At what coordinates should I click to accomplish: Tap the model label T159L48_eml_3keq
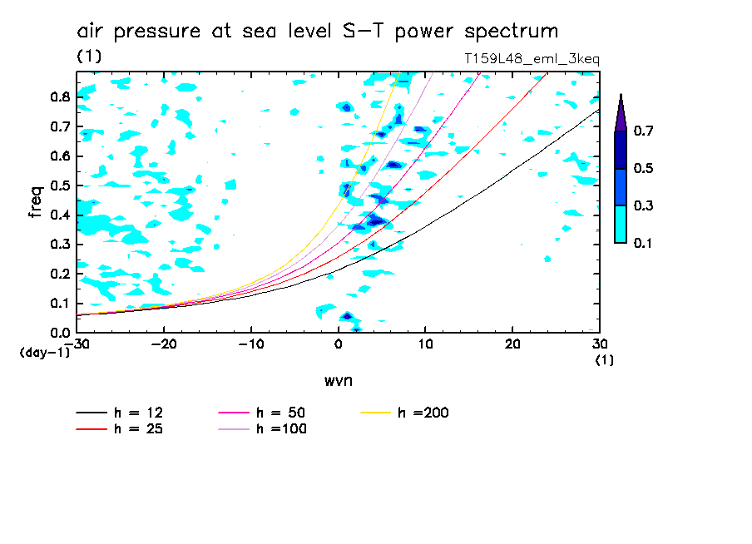(x=532, y=59)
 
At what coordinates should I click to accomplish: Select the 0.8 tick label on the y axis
(x=59, y=96)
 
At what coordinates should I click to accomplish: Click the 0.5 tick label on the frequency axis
(x=59, y=185)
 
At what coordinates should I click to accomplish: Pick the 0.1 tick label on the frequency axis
(x=59, y=304)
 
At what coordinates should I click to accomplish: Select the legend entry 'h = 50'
(x=280, y=413)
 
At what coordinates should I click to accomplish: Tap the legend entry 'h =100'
(x=280, y=429)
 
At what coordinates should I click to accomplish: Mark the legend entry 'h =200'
(x=422, y=413)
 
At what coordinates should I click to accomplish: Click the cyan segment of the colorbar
(x=621, y=224)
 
